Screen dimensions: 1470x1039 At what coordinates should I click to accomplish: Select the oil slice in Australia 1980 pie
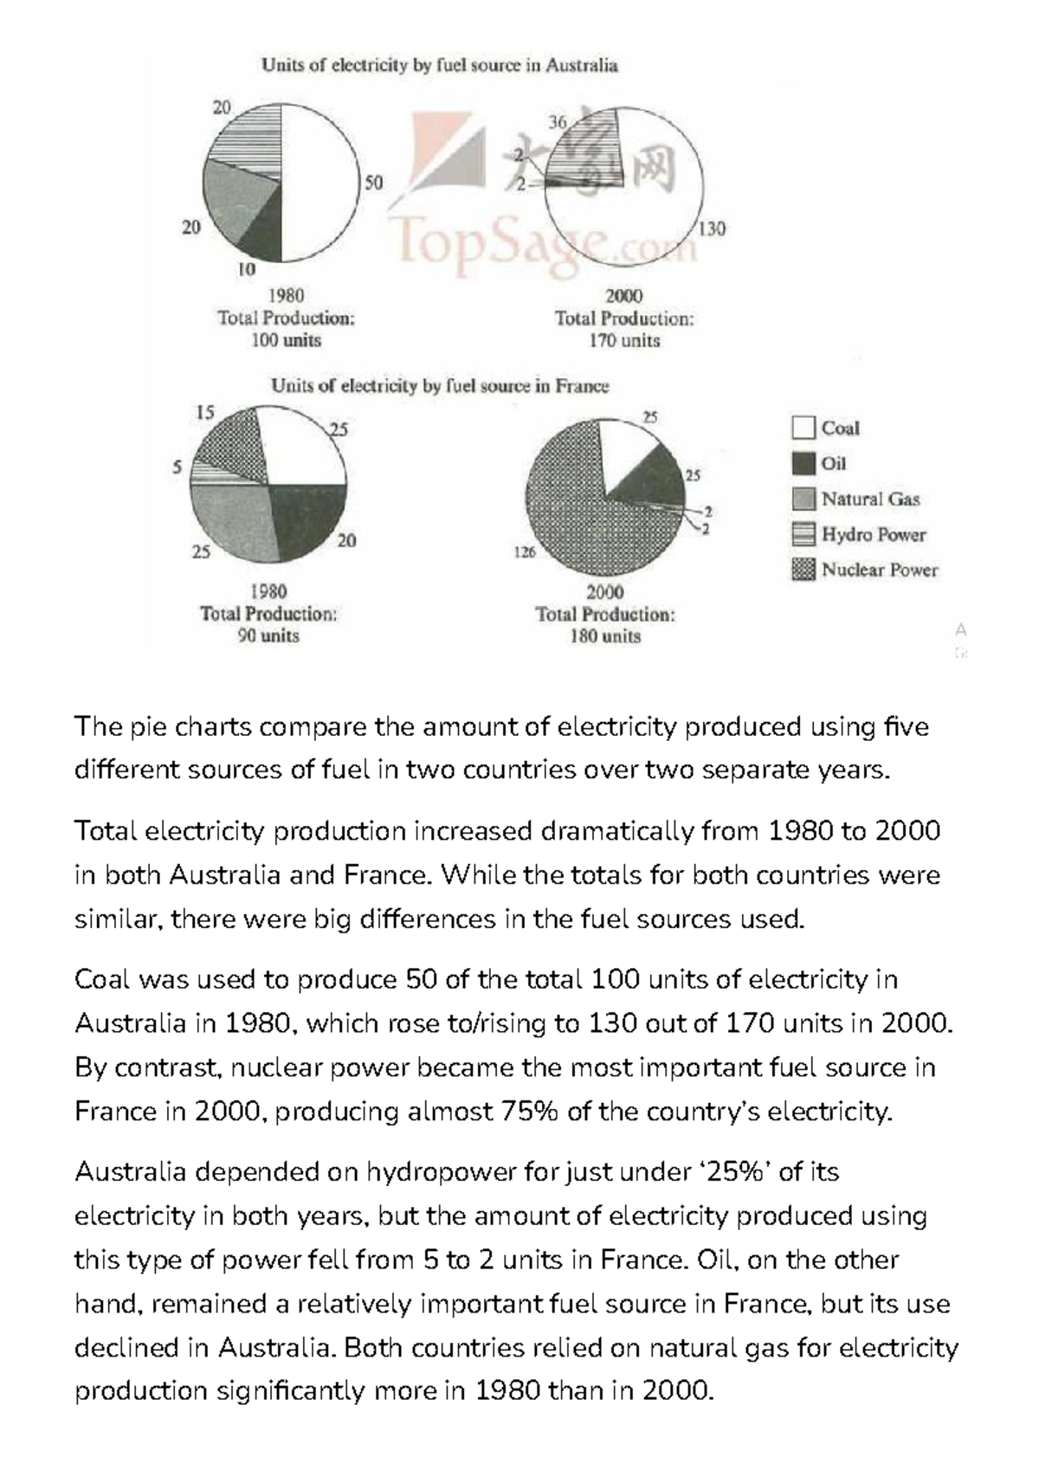coord(264,234)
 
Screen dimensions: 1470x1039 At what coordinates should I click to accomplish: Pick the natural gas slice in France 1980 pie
coord(232,519)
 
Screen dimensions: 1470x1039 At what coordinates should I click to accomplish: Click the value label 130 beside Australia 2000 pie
coord(712,229)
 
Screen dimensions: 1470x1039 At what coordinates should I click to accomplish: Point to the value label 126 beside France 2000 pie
coord(525,551)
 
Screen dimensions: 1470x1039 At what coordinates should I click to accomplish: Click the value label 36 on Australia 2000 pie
coord(558,123)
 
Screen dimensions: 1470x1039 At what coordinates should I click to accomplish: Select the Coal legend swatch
coord(803,428)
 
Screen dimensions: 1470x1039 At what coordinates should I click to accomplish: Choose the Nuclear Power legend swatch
coord(803,570)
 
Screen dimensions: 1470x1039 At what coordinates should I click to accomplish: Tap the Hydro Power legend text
coord(873,534)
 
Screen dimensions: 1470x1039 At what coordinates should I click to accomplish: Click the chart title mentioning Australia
coord(440,65)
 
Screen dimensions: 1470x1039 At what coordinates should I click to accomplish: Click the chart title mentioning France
coord(440,386)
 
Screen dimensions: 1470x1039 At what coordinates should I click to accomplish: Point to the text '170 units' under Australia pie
coord(624,340)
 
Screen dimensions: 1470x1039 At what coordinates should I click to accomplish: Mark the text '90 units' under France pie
coord(268,635)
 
